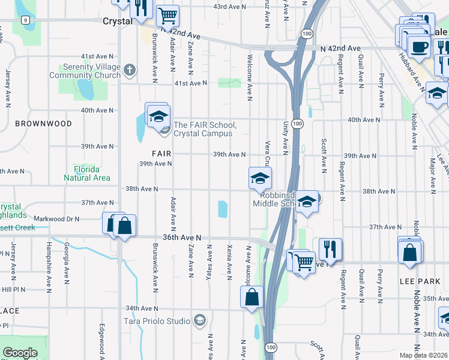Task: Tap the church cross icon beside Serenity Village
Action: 128,71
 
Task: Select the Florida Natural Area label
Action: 88,173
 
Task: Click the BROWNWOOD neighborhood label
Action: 43,124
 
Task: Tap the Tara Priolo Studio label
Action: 157,321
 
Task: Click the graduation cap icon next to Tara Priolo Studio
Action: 200,321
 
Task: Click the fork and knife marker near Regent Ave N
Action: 330,247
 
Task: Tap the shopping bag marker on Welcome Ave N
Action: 252,296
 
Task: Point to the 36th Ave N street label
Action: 183,238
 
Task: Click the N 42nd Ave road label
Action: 340,48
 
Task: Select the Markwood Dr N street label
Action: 57,219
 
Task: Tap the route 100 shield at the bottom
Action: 271,347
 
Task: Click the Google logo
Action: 20,353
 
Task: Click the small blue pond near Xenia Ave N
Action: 223,209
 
